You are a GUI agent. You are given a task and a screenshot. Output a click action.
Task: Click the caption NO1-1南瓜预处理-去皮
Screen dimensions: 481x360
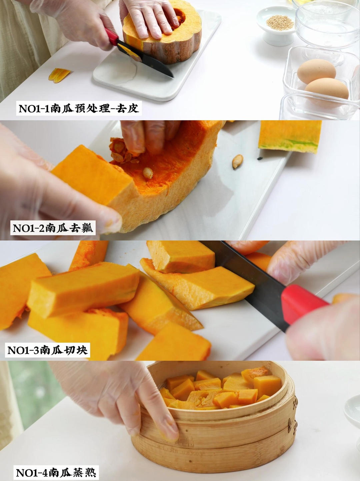click(x=79, y=108)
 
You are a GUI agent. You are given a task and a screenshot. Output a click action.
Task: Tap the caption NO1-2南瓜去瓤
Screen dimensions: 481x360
click(x=53, y=228)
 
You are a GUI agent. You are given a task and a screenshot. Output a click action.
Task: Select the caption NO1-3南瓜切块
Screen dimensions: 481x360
click(x=48, y=350)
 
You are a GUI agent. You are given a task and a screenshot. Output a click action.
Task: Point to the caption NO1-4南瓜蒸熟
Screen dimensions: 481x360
click(x=56, y=472)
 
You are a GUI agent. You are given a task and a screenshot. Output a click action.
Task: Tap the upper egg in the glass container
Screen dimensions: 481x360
click(x=316, y=70)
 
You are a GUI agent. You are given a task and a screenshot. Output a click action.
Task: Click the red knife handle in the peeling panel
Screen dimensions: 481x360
click(x=112, y=37)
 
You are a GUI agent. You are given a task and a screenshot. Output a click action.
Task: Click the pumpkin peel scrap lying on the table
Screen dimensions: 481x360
click(x=59, y=74)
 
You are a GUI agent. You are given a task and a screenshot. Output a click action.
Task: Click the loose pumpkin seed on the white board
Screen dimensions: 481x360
click(x=238, y=161)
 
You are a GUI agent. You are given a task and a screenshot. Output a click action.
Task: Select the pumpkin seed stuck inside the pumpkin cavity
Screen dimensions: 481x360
click(x=148, y=173)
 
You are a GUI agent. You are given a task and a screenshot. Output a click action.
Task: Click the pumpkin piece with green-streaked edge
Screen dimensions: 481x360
click(x=290, y=137)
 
